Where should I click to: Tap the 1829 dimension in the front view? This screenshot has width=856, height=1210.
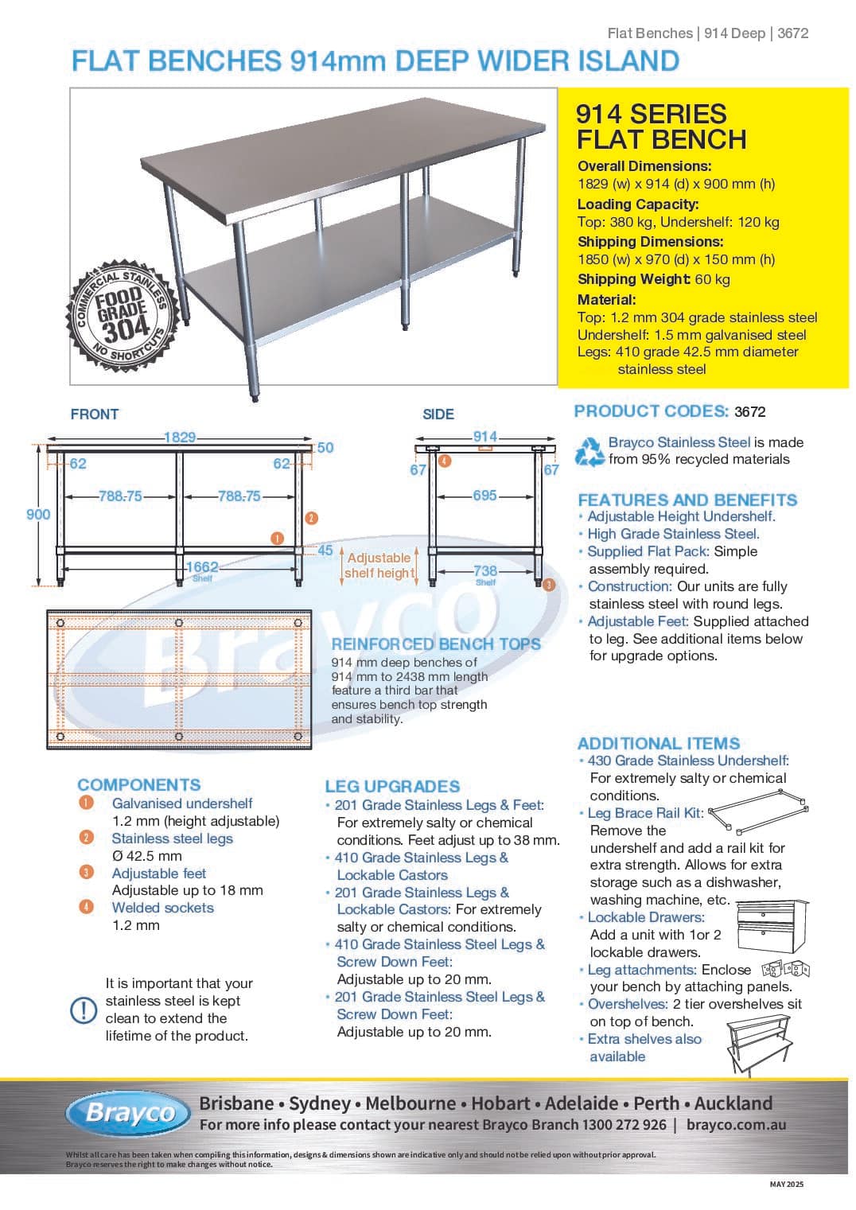(x=180, y=437)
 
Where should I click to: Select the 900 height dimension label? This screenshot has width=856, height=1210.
(x=38, y=515)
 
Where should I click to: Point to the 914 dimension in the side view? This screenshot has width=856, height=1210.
(x=485, y=437)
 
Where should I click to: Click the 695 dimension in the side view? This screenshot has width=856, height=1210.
(x=484, y=496)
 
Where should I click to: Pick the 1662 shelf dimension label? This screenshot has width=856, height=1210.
(x=202, y=567)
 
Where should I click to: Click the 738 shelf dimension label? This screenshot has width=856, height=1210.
(x=485, y=571)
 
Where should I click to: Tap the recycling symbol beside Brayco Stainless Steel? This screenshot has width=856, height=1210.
(x=589, y=451)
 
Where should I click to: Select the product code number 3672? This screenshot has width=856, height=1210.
(x=750, y=412)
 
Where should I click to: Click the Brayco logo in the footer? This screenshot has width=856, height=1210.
(x=129, y=1113)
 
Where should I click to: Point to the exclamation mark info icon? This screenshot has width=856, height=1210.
(x=84, y=1010)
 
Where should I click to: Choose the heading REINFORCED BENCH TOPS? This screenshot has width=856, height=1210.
(x=436, y=644)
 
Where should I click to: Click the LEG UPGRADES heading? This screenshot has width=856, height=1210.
(x=392, y=787)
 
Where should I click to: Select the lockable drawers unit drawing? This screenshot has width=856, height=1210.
(x=772, y=926)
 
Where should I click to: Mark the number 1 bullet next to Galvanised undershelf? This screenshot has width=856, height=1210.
(x=86, y=803)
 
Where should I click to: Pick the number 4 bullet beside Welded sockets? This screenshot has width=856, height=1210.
(x=86, y=908)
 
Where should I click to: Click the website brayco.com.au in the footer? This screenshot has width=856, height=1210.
(x=736, y=1125)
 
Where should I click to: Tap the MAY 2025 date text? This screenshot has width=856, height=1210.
(x=787, y=1185)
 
